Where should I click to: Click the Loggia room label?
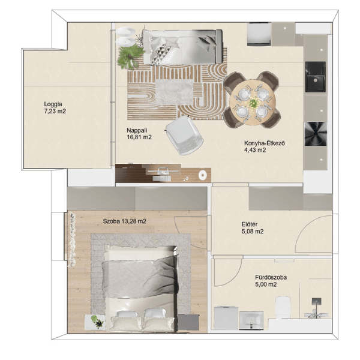[53, 104]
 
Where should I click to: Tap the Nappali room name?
[137, 130]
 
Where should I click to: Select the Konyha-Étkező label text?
[265, 143]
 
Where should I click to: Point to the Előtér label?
[250, 224]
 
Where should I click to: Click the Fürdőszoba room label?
[271, 277]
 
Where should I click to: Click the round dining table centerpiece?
[253, 103]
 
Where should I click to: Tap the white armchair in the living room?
[184, 136]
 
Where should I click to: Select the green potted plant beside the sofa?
[130, 57]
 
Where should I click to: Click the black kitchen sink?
[316, 77]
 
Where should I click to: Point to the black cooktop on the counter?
[316, 134]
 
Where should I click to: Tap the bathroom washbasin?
[251, 320]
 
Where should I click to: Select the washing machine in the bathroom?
[226, 318]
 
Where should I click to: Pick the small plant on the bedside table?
[97, 321]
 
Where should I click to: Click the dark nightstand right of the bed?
[188, 322]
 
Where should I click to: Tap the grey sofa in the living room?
[182, 47]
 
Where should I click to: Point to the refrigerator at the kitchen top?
[259, 34]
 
